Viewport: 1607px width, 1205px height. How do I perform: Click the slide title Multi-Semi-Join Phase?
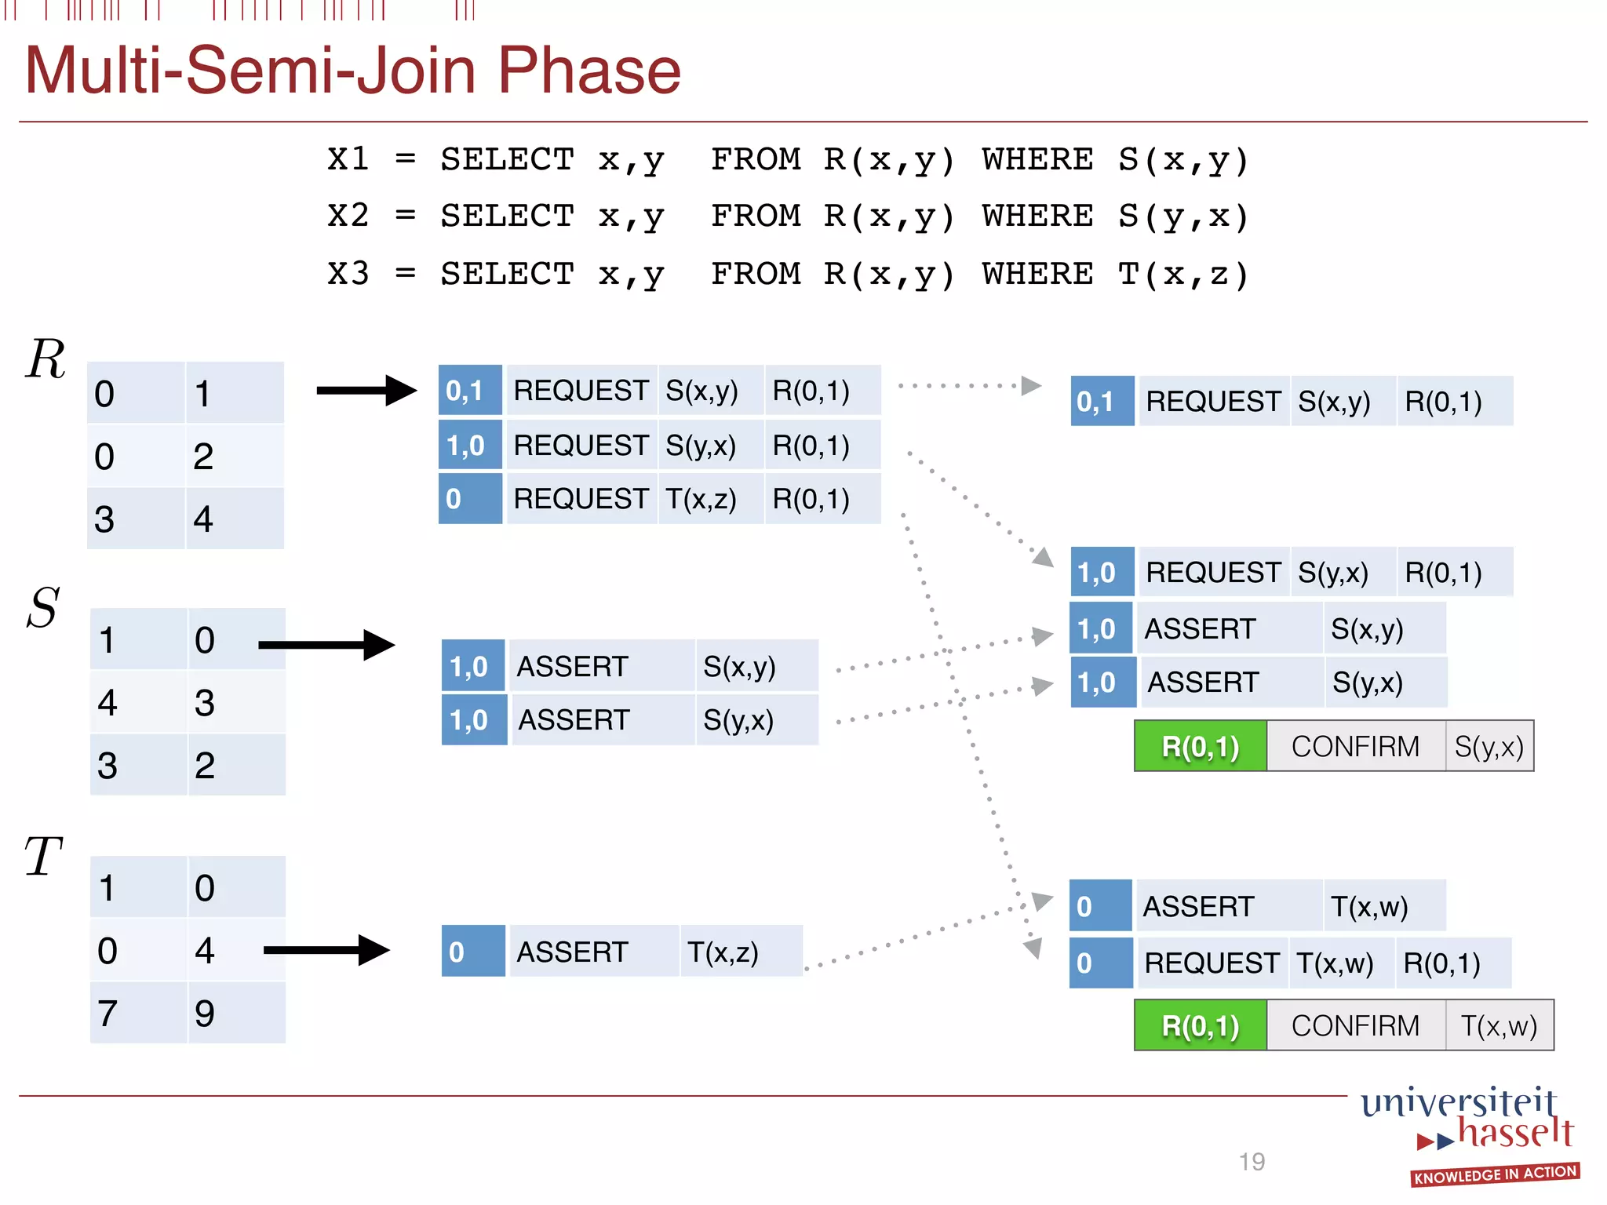point(352,71)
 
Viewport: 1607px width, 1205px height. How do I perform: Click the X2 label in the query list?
point(348,216)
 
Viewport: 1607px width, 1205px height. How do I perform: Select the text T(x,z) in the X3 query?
point(1182,275)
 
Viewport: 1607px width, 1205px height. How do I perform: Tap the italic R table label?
point(46,359)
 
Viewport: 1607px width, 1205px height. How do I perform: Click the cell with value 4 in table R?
point(235,519)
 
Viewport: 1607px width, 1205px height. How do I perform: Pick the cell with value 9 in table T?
point(235,1013)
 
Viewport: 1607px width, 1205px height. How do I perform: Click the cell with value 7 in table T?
point(138,1013)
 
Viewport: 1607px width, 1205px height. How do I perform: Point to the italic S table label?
point(43,607)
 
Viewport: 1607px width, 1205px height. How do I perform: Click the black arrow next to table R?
point(366,390)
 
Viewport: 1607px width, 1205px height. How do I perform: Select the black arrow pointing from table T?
point(326,950)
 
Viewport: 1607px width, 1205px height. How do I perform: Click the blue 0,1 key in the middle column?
point(469,390)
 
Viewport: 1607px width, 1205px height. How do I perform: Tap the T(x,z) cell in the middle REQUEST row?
point(709,499)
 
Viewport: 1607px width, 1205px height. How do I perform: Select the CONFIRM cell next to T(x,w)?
point(1355,1025)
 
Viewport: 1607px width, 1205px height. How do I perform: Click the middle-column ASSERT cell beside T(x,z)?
point(593,952)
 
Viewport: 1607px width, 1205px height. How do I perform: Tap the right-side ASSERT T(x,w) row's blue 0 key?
point(1100,906)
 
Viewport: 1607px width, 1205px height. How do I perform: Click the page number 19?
point(1252,1162)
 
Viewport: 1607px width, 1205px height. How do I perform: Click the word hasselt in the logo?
point(1515,1133)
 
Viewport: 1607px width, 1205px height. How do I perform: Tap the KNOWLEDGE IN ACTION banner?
point(1494,1174)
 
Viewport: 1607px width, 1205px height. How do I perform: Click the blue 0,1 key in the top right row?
point(1102,402)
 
